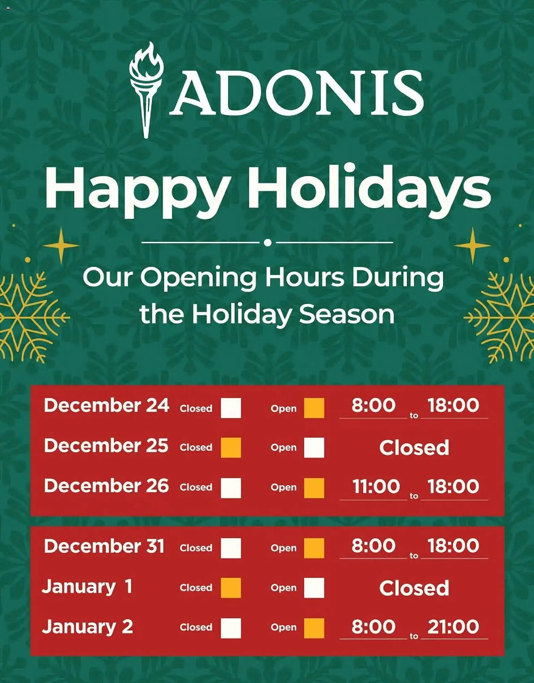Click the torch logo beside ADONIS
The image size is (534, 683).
pyautogui.click(x=146, y=89)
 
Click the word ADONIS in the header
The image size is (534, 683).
pyautogui.click(x=296, y=93)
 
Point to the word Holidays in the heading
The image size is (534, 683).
pyautogui.click(x=369, y=188)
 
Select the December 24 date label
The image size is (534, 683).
pyautogui.click(x=106, y=406)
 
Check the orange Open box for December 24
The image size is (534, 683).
pyautogui.click(x=314, y=408)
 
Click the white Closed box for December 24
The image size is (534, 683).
pyautogui.click(x=231, y=408)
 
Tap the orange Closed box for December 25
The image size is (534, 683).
pyautogui.click(x=231, y=447)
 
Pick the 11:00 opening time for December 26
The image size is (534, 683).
pyautogui.click(x=376, y=486)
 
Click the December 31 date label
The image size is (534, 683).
pyautogui.click(x=104, y=546)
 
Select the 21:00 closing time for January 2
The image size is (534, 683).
pyautogui.click(x=453, y=627)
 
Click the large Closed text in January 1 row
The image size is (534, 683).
pyautogui.click(x=414, y=588)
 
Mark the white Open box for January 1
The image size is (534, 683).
pyautogui.click(x=314, y=588)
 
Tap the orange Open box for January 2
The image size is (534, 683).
pyautogui.click(x=314, y=628)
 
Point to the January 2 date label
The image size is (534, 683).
pyautogui.click(x=88, y=627)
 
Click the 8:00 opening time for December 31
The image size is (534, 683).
pyautogui.click(x=373, y=546)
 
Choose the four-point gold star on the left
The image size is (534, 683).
pyautogui.click(x=61, y=245)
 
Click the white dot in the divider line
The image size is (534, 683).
pyautogui.click(x=268, y=242)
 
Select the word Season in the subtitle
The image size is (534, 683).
pyautogui.click(x=347, y=314)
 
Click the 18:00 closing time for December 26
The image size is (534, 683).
pyautogui.click(x=453, y=486)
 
